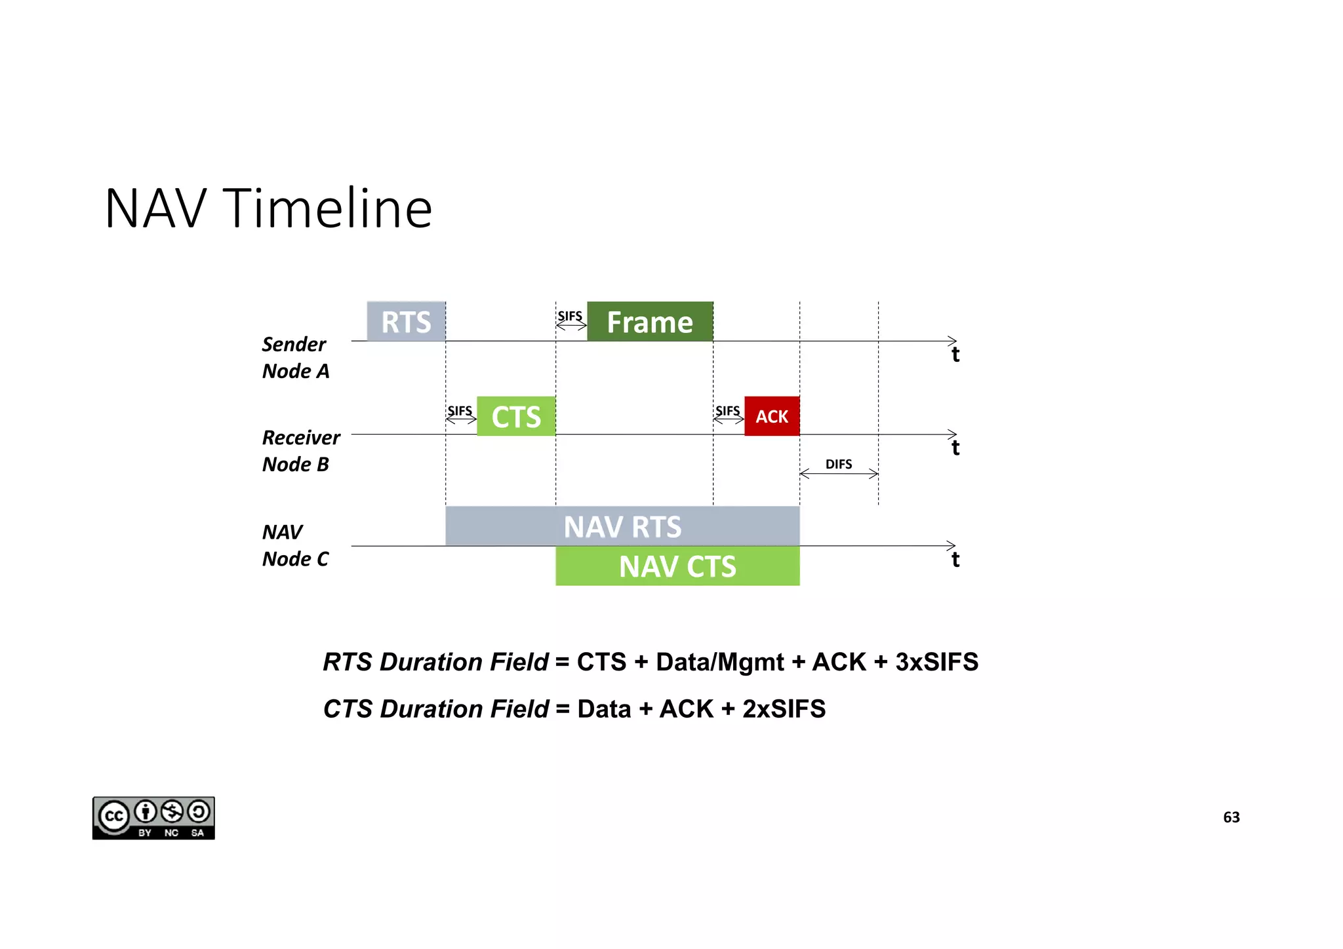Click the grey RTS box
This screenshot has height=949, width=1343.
click(x=406, y=321)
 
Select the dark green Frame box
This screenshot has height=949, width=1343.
click(x=650, y=321)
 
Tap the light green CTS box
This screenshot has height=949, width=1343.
click(x=516, y=416)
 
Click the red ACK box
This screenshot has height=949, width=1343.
click(x=772, y=416)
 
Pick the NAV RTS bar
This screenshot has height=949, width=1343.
click(x=622, y=526)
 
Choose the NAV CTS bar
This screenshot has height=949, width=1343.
click(x=677, y=566)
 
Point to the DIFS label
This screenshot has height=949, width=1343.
click(x=839, y=464)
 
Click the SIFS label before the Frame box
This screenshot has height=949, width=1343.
click(x=570, y=316)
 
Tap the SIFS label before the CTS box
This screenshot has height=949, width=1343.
click(x=460, y=411)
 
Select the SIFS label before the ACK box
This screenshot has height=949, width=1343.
click(x=727, y=411)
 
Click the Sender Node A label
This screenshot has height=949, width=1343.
click(x=295, y=357)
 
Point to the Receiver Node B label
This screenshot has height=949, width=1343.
click(x=300, y=450)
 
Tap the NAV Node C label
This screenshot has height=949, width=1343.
click(x=295, y=545)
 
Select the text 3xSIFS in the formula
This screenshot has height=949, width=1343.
click(x=936, y=662)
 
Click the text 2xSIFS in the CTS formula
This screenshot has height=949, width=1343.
click(x=784, y=709)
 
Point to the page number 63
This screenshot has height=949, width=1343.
click(x=1231, y=817)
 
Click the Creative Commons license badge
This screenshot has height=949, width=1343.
click(x=153, y=818)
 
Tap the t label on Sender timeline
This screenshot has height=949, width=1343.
click(x=955, y=355)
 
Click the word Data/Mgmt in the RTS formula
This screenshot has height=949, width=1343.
click(x=719, y=662)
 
